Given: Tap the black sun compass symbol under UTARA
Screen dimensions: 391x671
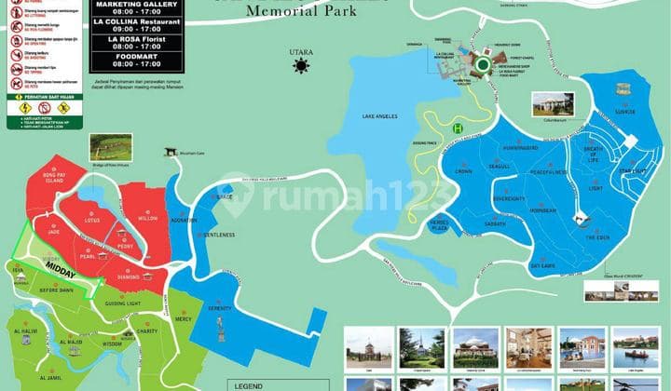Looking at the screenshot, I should [300, 66].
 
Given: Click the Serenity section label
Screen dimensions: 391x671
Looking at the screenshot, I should [219, 308].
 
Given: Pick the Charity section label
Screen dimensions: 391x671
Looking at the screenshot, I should [146, 330].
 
